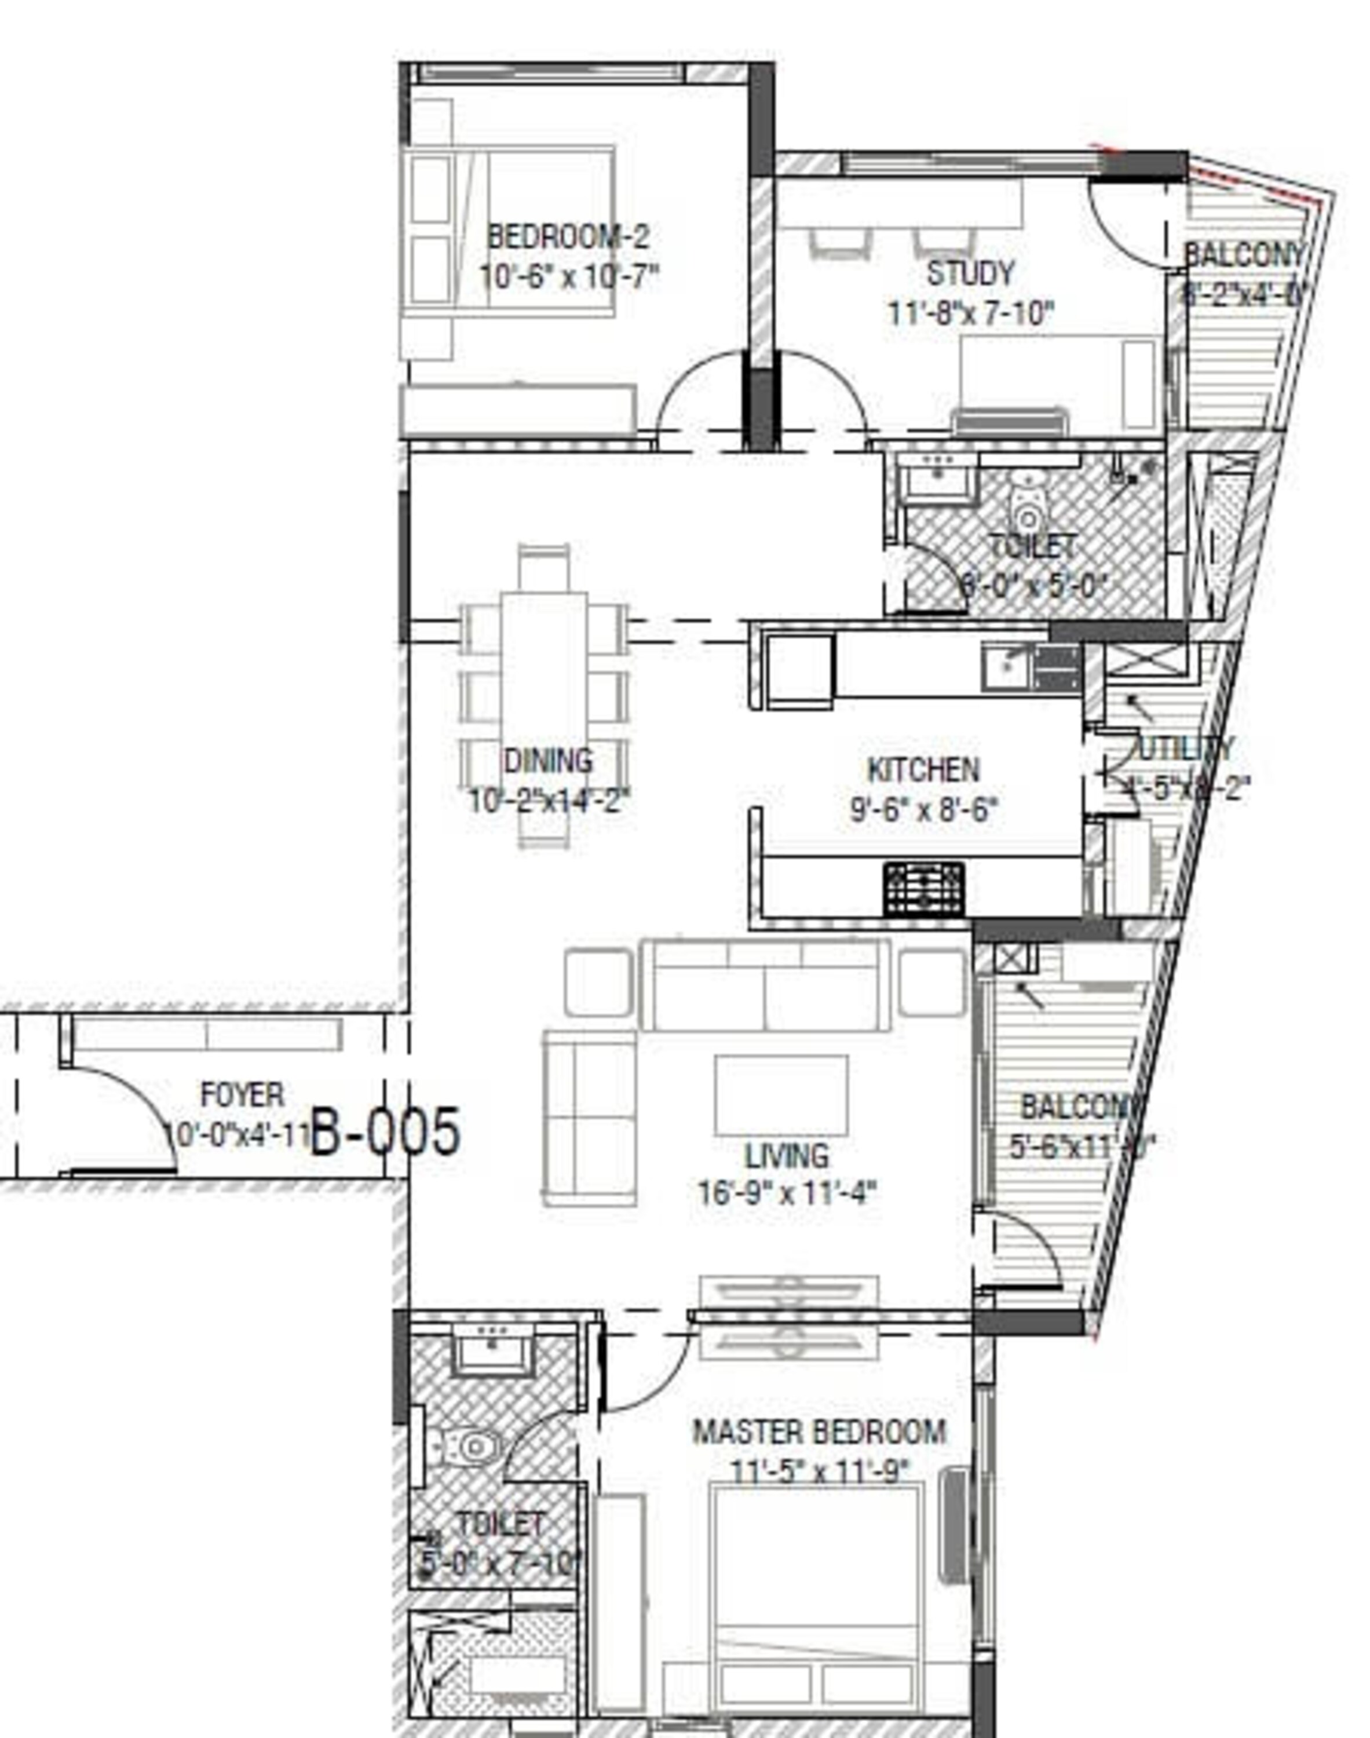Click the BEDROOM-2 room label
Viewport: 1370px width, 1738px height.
point(568,238)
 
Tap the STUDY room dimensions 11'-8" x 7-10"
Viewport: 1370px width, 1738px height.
point(970,313)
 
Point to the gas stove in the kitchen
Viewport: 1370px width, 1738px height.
point(924,889)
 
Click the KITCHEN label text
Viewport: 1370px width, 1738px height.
point(923,771)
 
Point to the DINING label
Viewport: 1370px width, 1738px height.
point(549,760)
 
